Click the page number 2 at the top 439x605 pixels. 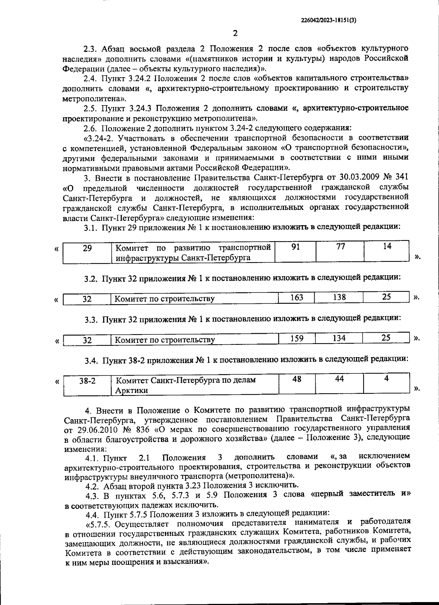[235, 33]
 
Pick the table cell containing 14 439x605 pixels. [387, 247]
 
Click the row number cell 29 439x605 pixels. [87, 249]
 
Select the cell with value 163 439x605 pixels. [296, 297]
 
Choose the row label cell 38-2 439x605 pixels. [87, 381]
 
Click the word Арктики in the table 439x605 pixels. [132, 390]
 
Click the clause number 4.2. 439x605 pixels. [92, 486]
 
